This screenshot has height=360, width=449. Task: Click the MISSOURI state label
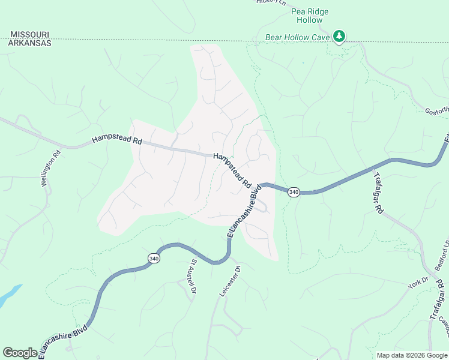(29, 35)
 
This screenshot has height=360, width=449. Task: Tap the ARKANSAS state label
(29, 43)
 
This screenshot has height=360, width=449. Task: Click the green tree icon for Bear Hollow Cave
(340, 37)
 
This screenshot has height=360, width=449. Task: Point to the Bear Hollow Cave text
(297, 37)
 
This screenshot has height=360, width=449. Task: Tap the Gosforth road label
(437, 111)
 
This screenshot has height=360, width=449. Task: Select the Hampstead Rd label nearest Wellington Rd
(116, 140)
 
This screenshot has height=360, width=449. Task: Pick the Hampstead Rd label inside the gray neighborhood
(232, 171)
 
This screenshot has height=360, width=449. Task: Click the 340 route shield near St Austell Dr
(154, 258)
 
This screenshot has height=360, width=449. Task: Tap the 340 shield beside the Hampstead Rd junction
(294, 192)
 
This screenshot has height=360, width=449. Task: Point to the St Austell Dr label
(193, 277)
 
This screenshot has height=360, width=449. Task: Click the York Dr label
(418, 283)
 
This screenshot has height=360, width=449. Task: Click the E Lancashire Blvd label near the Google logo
(63, 341)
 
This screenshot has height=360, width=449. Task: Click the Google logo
(20, 353)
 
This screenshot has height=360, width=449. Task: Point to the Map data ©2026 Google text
(412, 355)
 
